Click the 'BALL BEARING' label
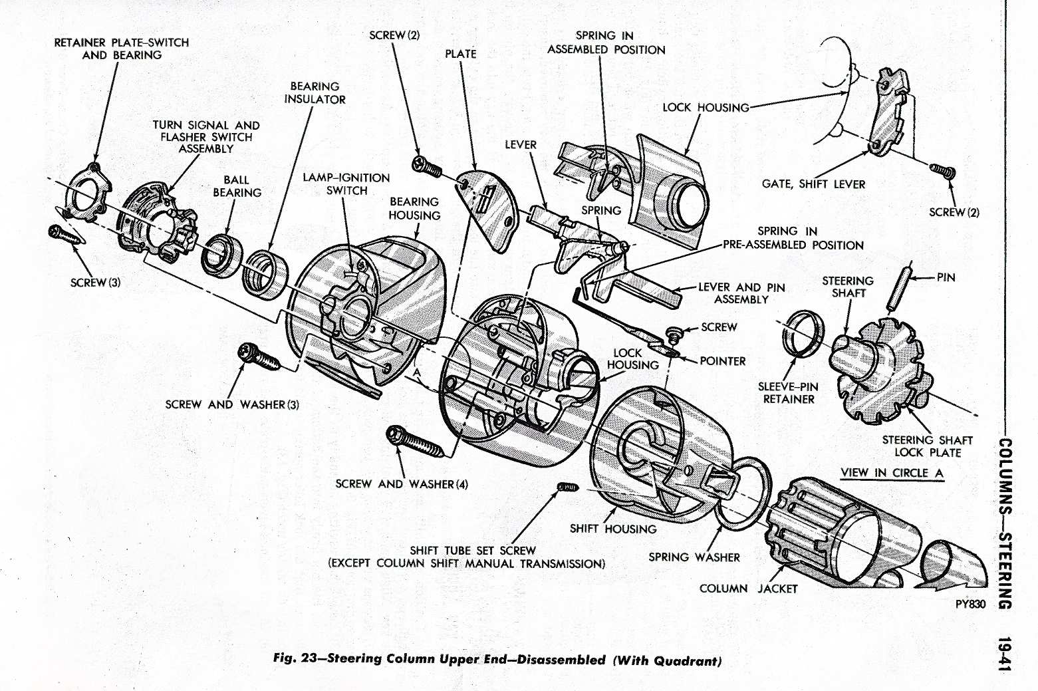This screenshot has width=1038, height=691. click(237, 186)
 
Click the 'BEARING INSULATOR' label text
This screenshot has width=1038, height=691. click(315, 93)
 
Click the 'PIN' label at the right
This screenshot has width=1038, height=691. click(946, 277)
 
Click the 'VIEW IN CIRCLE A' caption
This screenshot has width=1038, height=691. click(892, 473)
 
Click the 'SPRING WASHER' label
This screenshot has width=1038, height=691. click(694, 557)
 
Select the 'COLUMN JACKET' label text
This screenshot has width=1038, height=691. click(747, 589)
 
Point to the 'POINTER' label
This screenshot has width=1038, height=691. click(722, 361)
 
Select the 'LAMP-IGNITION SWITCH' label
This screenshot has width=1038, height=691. click(346, 184)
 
